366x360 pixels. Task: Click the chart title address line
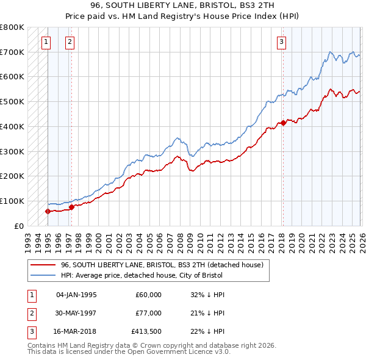click(x=183, y=6)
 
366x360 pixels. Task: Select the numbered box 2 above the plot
click(x=70, y=42)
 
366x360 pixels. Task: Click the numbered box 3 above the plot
click(x=281, y=42)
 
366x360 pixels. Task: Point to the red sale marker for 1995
click(x=48, y=211)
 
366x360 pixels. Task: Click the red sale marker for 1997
click(x=71, y=207)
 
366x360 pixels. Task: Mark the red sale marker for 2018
click(x=282, y=123)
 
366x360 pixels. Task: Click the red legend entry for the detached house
click(x=162, y=265)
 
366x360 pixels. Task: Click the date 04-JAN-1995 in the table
click(x=76, y=295)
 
